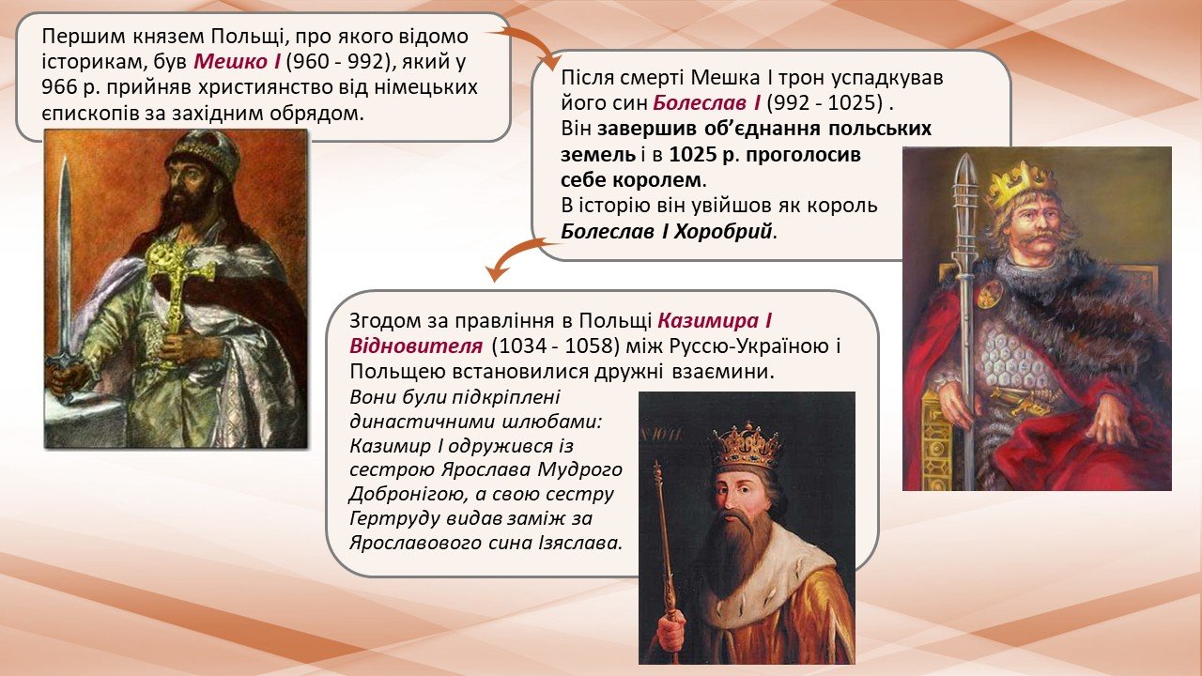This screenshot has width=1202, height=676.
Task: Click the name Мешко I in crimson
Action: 237,62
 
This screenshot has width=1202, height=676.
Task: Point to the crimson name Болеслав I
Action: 706,103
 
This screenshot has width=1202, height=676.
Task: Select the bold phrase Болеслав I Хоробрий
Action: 667,232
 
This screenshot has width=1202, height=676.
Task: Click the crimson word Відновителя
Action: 416,346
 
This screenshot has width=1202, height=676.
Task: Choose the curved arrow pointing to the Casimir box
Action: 516,257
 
